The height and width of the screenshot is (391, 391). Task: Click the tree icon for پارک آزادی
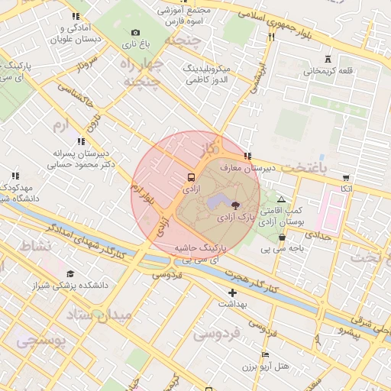(x=234, y=205)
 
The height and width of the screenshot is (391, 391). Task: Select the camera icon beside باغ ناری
(x=135, y=32)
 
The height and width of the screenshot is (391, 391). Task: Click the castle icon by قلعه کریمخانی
(x=328, y=59)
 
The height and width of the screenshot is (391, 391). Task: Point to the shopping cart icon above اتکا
(x=347, y=177)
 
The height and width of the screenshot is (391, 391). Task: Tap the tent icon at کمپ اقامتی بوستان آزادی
(x=281, y=199)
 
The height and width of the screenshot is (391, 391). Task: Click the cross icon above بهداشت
(x=232, y=292)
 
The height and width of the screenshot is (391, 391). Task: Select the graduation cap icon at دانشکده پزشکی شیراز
(x=70, y=273)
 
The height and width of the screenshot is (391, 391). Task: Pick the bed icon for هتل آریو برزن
(x=265, y=354)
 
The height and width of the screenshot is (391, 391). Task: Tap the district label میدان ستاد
(x=99, y=314)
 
